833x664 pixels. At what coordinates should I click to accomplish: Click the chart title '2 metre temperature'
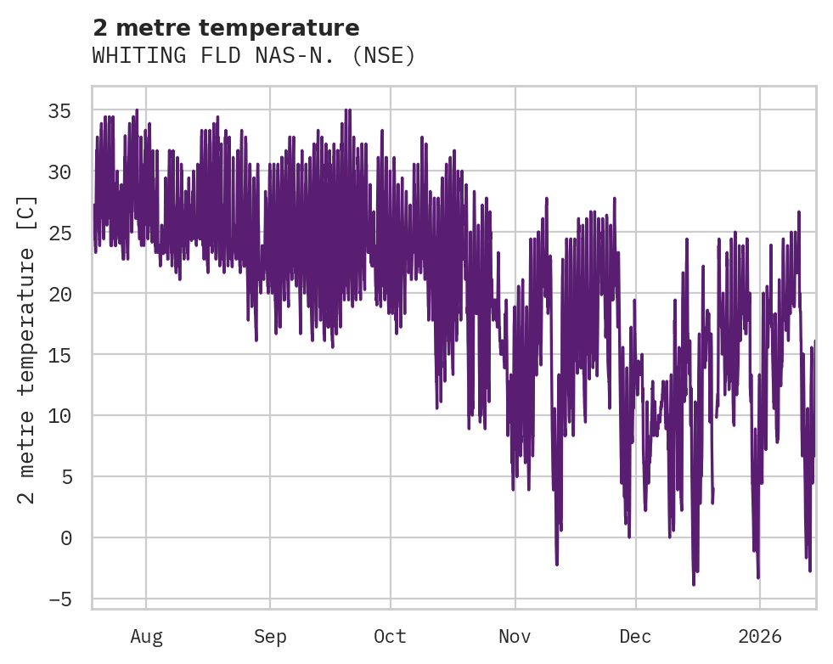tap(226, 28)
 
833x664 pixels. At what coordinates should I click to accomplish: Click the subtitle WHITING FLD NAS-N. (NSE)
tap(253, 56)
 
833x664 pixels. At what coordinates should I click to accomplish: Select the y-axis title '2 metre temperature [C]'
tap(27, 349)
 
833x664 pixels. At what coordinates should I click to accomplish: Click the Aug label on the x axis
tap(146, 637)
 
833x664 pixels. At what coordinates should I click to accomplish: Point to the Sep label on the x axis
tap(270, 637)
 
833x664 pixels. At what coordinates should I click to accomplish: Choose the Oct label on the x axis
tap(391, 637)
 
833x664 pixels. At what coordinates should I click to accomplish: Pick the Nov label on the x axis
tap(515, 637)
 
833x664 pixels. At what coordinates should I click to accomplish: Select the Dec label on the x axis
tap(635, 637)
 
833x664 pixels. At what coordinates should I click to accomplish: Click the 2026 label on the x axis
tap(759, 637)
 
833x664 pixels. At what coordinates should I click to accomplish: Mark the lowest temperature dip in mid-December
tap(694, 583)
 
